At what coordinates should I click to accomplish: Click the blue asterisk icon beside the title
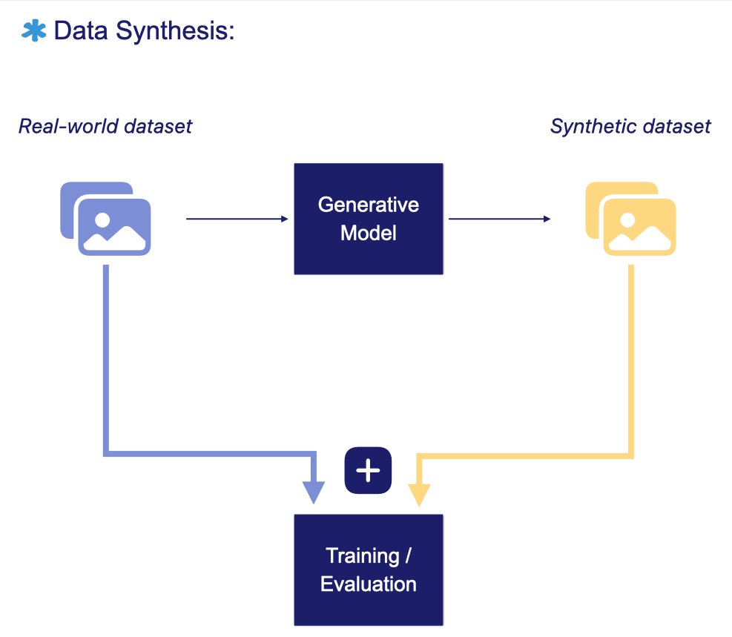[33, 30]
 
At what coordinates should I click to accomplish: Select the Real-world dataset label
[105, 127]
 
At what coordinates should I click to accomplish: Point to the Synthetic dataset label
[630, 127]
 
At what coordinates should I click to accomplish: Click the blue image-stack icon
[105, 219]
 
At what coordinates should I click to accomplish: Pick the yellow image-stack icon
[630, 219]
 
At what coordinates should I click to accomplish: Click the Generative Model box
[369, 219]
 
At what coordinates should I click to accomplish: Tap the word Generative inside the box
[369, 205]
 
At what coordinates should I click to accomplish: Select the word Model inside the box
[369, 233]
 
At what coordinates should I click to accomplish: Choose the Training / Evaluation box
[369, 570]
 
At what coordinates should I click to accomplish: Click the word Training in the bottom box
[358, 555]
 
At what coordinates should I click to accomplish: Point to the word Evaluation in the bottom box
[369, 584]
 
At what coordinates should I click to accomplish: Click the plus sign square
[368, 470]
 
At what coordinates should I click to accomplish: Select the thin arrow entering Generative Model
[237, 219]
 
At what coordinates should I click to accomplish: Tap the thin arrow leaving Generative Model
[499, 219]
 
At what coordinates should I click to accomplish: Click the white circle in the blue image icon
[102, 220]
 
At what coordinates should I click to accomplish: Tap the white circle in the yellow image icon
[627, 220]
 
